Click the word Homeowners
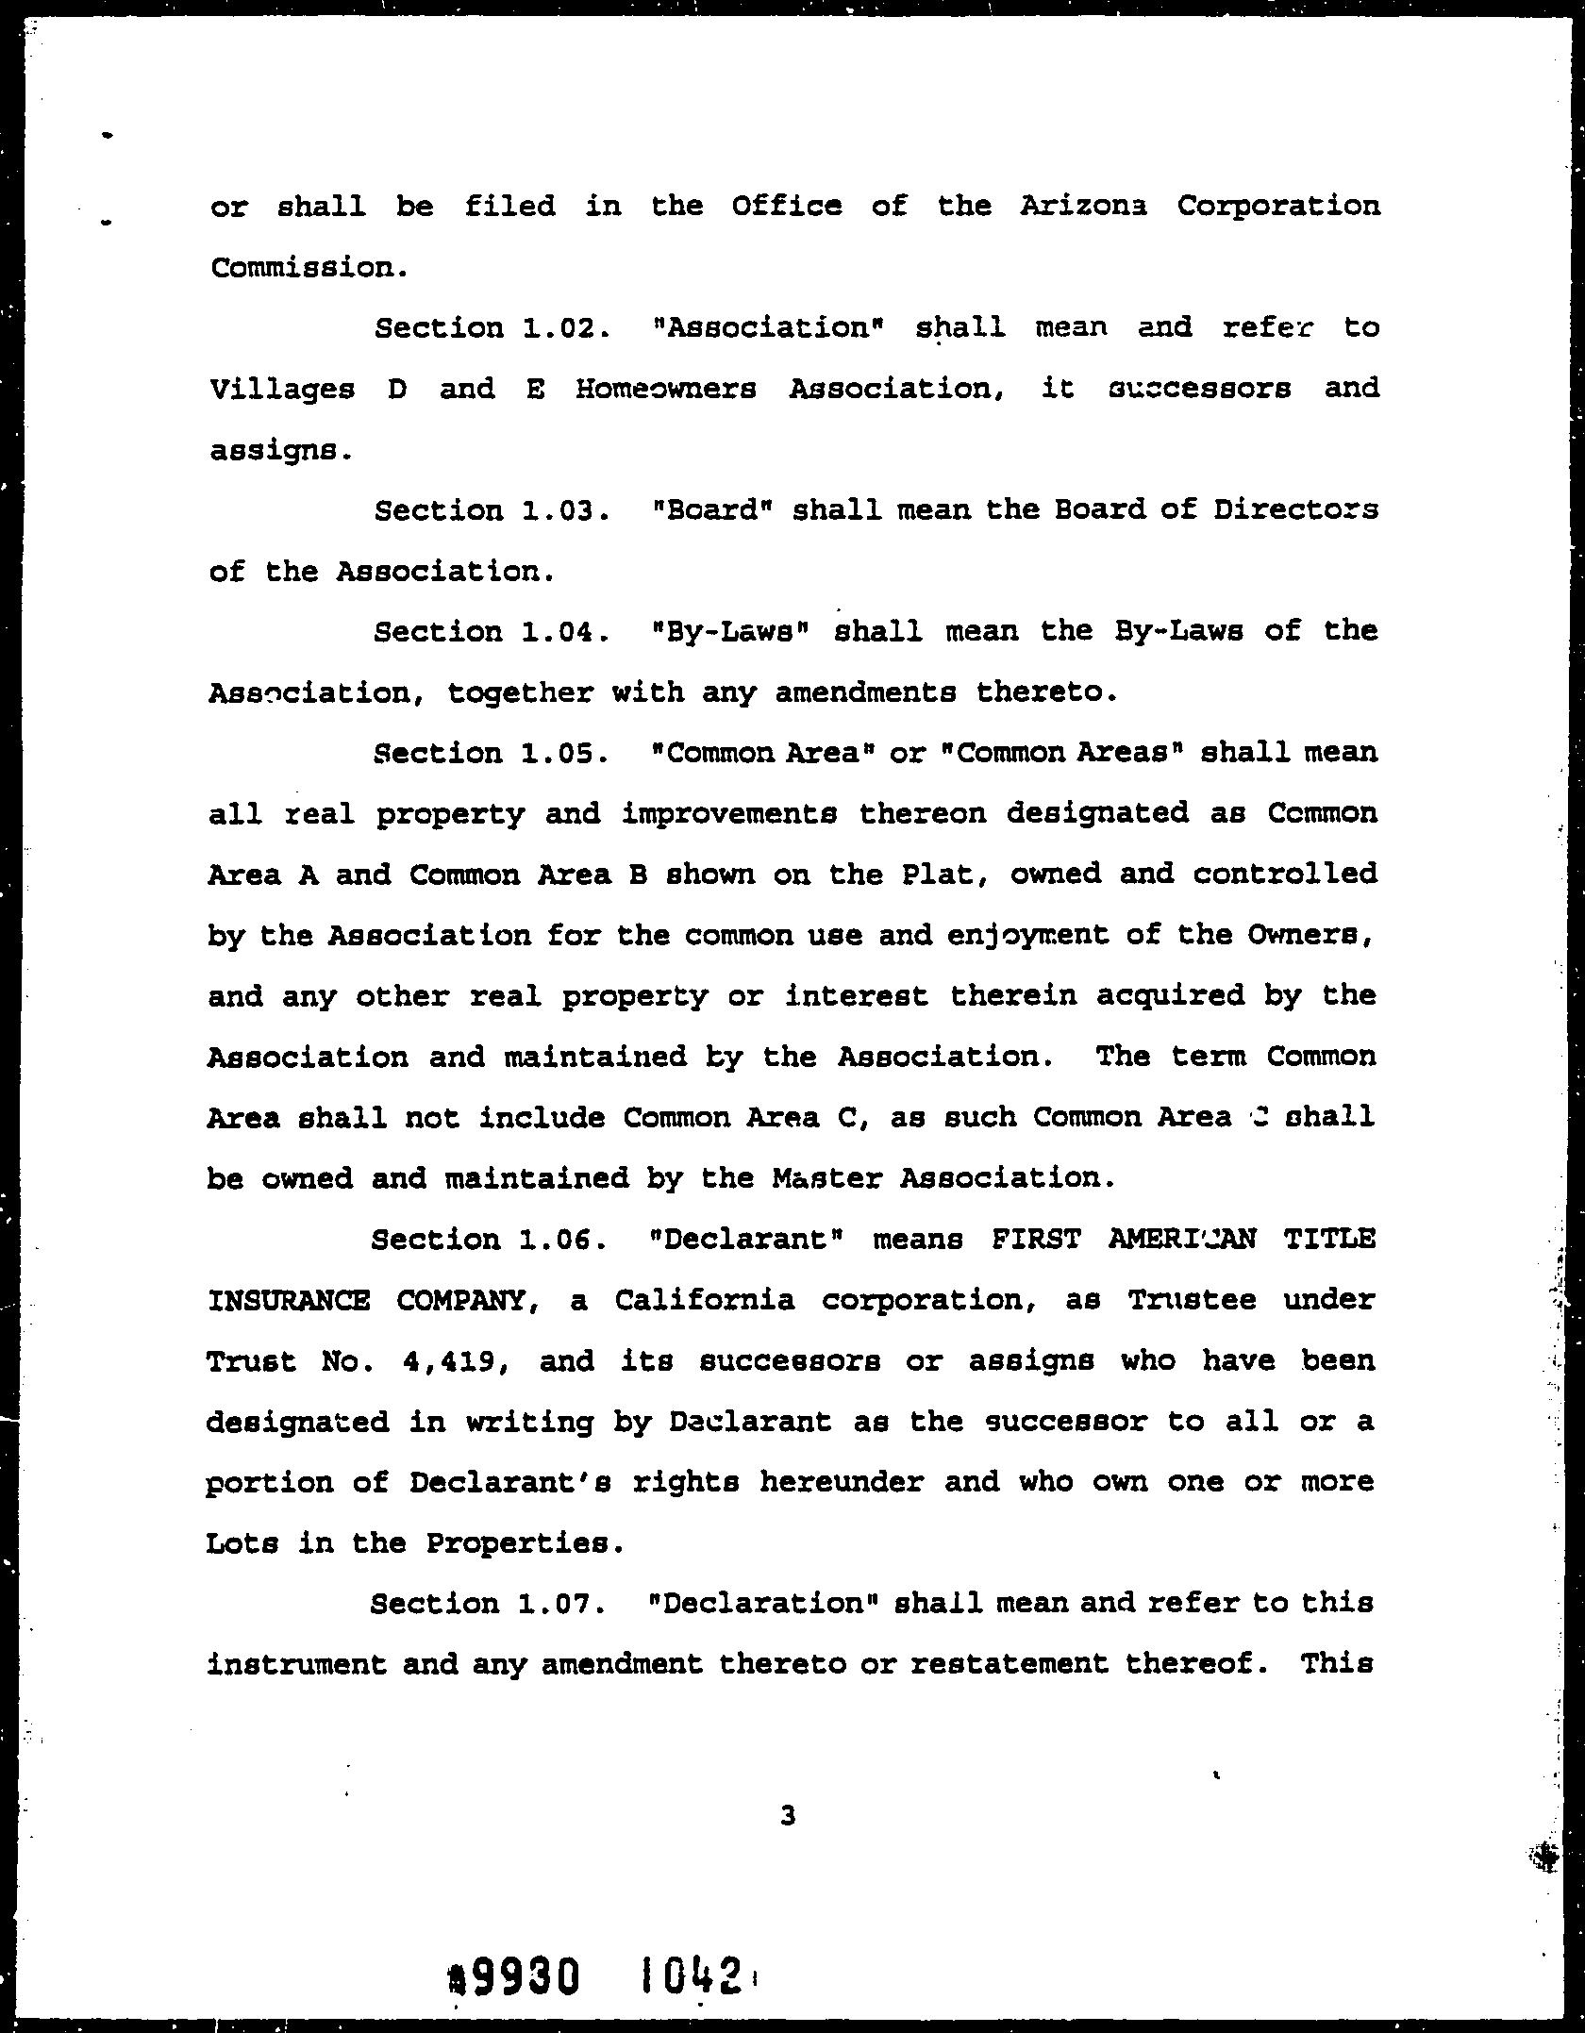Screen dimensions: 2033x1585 [x=665, y=389]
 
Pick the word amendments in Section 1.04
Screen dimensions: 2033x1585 [x=864, y=693]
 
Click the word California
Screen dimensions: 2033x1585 [x=704, y=1300]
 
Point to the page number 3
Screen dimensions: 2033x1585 [x=789, y=1815]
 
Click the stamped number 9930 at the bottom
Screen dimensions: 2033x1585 [x=525, y=1975]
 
